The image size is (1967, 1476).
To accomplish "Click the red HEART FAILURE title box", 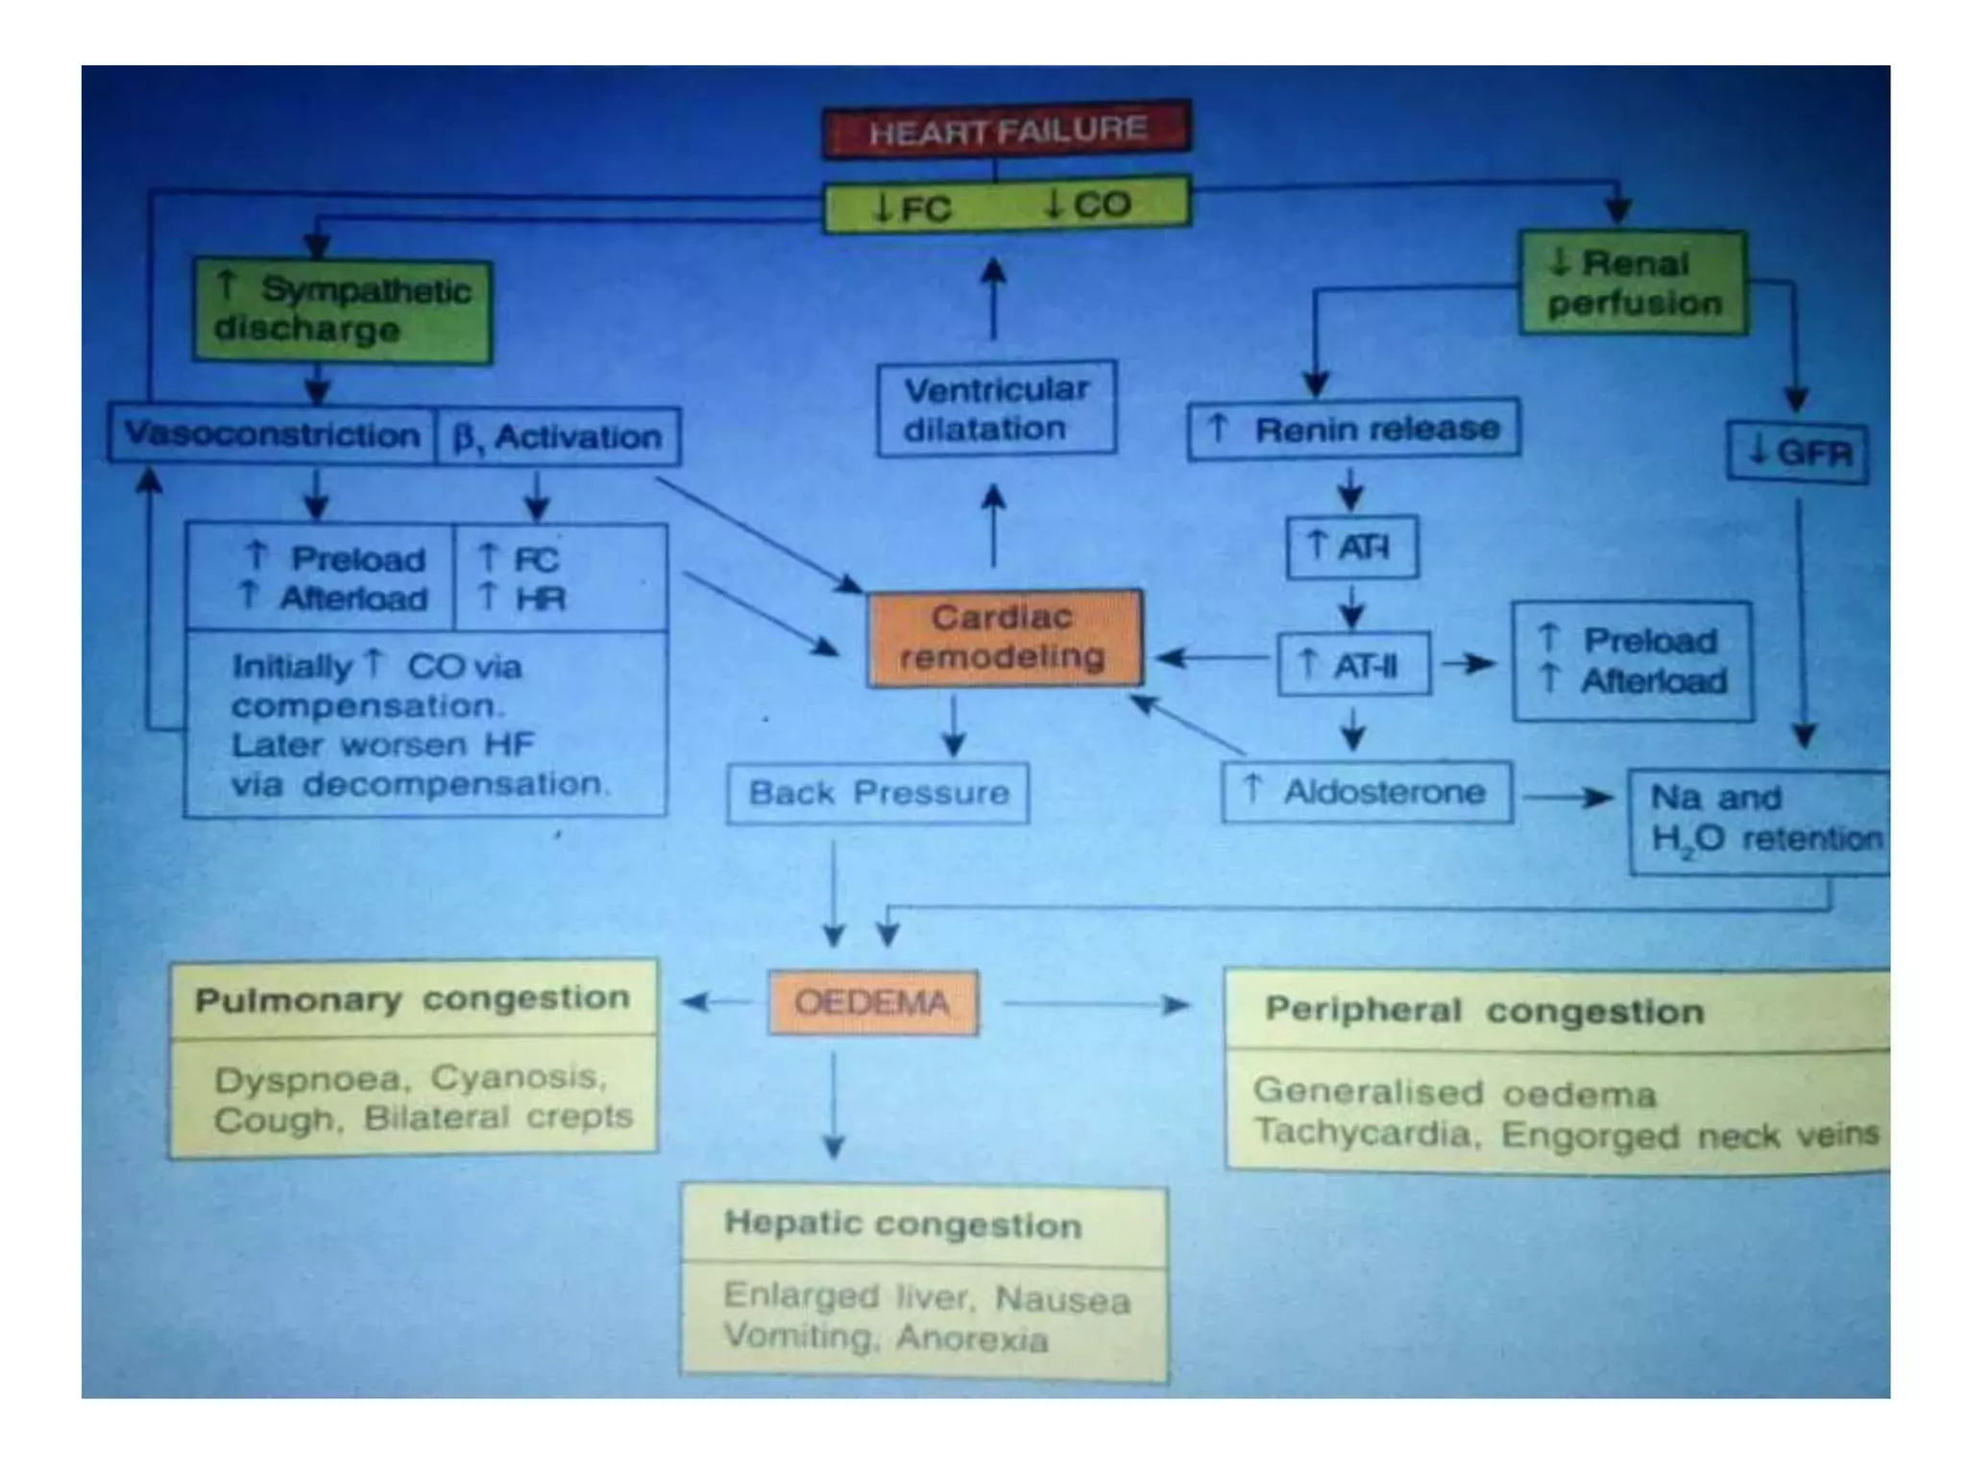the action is pyautogui.click(x=1007, y=130).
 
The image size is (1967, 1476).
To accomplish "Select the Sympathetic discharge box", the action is pyautogui.click(x=343, y=310).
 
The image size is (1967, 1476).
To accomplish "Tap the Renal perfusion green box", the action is pyautogui.click(x=1634, y=283).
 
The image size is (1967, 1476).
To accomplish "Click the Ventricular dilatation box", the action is pyautogui.click(x=997, y=408).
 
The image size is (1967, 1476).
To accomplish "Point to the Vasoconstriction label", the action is pyautogui.click(x=272, y=434).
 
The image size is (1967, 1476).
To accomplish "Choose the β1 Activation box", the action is pyautogui.click(x=559, y=437).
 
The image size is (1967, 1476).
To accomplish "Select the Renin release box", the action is pyautogui.click(x=1353, y=430).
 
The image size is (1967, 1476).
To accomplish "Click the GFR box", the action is pyautogui.click(x=1798, y=452).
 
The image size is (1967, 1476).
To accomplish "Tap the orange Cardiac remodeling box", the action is pyautogui.click(x=1005, y=638).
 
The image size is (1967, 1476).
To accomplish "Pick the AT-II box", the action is pyautogui.click(x=1353, y=663).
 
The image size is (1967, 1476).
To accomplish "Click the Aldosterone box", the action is pyautogui.click(x=1367, y=792).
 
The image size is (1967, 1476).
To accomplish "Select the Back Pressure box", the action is pyautogui.click(x=878, y=793).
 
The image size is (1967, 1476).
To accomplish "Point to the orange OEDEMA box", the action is pyautogui.click(x=873, y=1003).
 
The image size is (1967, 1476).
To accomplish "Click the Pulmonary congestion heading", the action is pyautogui.click(x=413, y=999).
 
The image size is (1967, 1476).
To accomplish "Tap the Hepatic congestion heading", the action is pyautogui.click(x=903, y=1224).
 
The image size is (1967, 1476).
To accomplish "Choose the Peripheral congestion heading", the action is pyautogui.click(x=1484, y=1011).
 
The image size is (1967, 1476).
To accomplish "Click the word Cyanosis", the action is pyautogui.click(x=519, y=1078).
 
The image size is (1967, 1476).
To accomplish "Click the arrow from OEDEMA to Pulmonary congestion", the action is pyautogui.click(x=716, y=1002).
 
